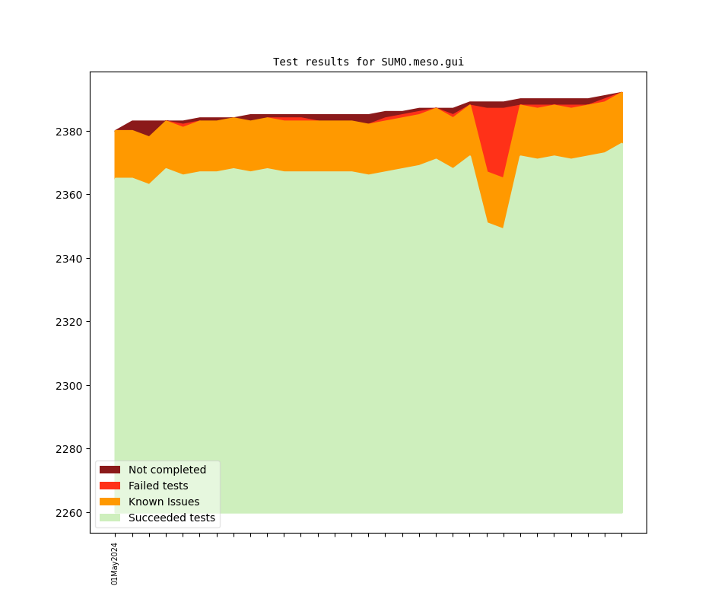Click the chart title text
(x=368, y=62)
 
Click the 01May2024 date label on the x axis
(x=115, y=563)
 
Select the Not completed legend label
(x=167, y=470)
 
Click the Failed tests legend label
(x=158, y=486)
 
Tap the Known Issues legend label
(x=164, y=502)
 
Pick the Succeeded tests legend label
(x=172, y=518)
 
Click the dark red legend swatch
(x=110, y=470)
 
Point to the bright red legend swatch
(x=110, y=486)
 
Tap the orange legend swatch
(x=110, y=502)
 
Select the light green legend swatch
(x=110, y=518)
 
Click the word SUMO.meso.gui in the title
(x=422, y=62)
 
